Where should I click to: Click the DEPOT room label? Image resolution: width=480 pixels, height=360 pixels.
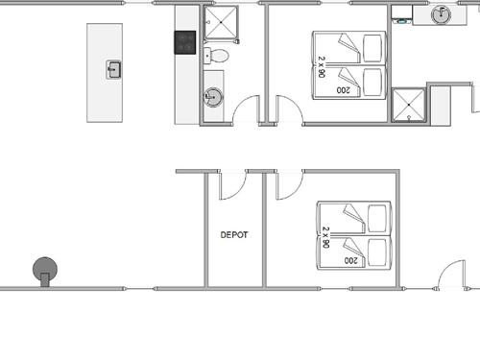[234, 235]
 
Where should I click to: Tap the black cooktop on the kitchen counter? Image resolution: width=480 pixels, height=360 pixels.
[185, 42]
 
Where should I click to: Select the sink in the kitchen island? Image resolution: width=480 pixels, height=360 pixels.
[113, 69]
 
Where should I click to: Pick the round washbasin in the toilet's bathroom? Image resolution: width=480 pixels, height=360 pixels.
[213, 97]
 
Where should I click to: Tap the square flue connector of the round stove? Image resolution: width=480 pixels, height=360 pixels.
[45, 280]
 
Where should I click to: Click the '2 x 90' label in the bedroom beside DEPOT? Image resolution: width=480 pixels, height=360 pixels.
[325, 237]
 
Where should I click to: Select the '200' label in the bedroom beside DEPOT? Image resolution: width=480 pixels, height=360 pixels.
[350, 260]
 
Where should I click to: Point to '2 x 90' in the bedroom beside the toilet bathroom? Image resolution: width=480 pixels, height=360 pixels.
[322, 66]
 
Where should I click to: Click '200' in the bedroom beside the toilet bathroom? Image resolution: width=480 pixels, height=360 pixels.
[343, 90]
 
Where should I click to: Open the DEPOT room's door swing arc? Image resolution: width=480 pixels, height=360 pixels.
[237, 192]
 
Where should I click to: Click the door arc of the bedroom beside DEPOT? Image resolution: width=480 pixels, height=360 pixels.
[294, 192]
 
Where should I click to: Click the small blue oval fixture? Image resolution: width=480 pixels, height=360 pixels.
[402, 21]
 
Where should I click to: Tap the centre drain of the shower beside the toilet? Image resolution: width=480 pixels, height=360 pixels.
[222, 22]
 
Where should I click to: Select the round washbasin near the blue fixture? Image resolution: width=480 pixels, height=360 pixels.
[441, 14]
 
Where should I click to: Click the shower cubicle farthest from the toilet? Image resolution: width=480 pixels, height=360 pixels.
[409, 105]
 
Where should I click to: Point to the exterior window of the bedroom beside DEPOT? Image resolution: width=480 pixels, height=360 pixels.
[334, 289]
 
